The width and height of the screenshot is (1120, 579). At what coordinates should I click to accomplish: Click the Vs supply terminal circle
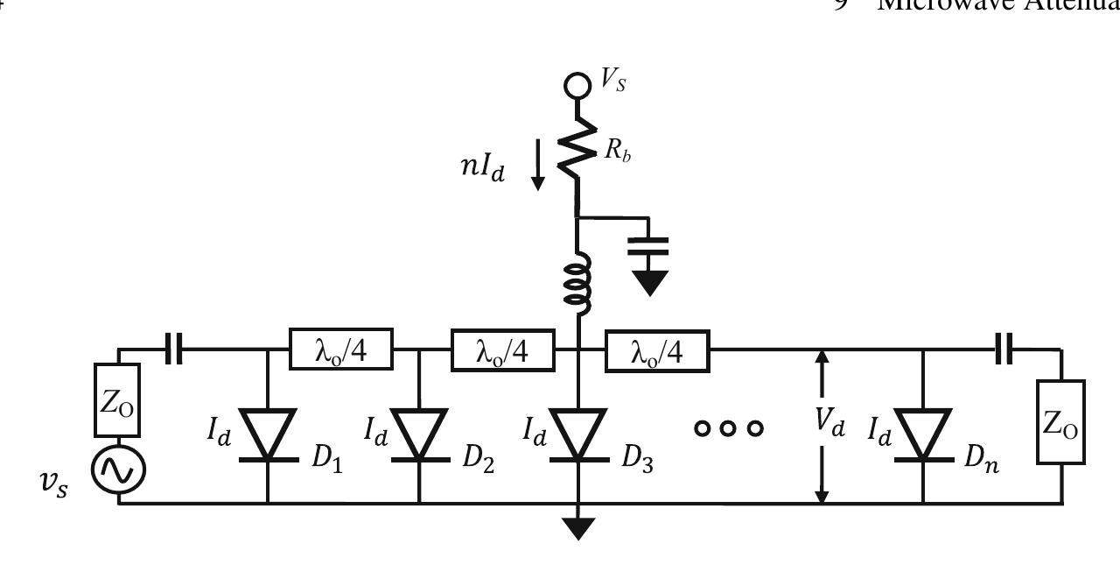point(577,85)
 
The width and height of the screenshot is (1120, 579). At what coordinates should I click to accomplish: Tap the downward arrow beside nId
point(537,172)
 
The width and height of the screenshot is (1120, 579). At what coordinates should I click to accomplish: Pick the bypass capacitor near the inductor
point(649,246)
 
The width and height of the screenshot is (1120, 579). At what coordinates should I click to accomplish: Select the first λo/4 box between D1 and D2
point(341,350)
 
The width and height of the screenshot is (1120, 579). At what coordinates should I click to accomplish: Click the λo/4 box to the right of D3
point(657,350)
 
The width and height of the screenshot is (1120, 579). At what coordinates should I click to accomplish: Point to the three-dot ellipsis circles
point(729,427)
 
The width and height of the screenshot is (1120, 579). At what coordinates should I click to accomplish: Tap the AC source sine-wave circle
point(118,470)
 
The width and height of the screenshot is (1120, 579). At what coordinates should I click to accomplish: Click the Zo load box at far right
point(1060,421)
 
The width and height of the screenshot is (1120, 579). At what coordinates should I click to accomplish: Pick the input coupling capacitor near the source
point(174,350)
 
